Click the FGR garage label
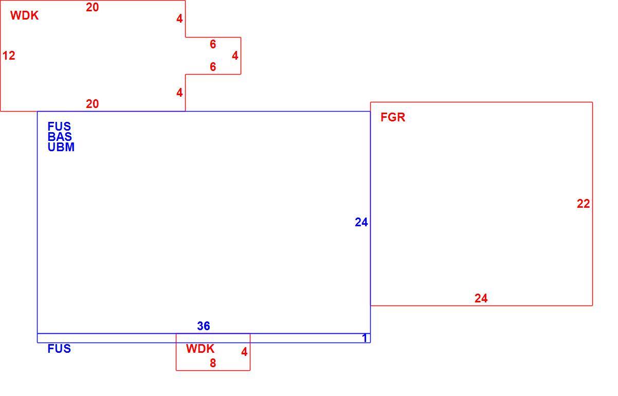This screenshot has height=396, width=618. point(393,117)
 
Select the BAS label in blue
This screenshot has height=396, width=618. point(60,137)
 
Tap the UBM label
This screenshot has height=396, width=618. point(61,147)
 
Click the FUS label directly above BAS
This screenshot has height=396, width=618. point(59,127)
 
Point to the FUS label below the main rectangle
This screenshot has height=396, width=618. point(59,349)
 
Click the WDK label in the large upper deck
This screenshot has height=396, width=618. point(25,15)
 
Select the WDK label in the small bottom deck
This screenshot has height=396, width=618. point(200,349)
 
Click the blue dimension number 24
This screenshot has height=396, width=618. point(361,222)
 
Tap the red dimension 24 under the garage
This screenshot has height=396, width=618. point(481,298)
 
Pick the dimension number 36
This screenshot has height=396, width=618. point(204,326)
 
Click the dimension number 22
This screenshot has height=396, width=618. point(584,204)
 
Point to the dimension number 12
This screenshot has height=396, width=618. point(9,56)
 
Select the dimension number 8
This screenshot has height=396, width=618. point(213,363)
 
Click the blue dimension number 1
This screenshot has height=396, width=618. point(365,338)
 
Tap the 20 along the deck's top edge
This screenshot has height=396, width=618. point(93,7)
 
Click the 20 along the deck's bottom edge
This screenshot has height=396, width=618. point(93,104)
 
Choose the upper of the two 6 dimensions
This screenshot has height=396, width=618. point(213,44)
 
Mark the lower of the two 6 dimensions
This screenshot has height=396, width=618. point(213,67)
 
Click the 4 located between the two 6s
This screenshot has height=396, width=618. point(235,56)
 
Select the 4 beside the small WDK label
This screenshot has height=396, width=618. point(244,352)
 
